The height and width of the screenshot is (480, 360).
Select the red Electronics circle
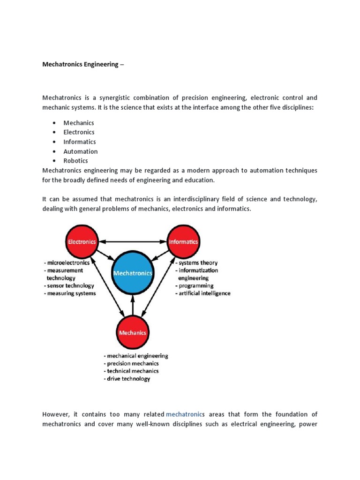[82, 242]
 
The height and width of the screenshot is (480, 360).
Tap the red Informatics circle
[183, 242]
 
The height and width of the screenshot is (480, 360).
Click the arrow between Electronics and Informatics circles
[132, 242]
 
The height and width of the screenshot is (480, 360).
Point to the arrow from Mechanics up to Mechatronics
[133, 305]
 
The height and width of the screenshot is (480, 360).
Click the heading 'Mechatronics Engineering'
[81, 64]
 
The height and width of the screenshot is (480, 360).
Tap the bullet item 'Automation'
[81, 151]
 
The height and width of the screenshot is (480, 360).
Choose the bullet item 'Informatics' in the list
[80, 142]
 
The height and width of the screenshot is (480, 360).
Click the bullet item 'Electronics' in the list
[79, 132]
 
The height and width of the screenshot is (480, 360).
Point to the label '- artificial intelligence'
[203, 293]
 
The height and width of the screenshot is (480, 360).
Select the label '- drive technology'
[127, 379]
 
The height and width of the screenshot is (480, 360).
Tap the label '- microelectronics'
[67, 263]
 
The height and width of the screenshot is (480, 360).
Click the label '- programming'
[194, 285]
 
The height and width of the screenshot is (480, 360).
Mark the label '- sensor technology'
[68, 285]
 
